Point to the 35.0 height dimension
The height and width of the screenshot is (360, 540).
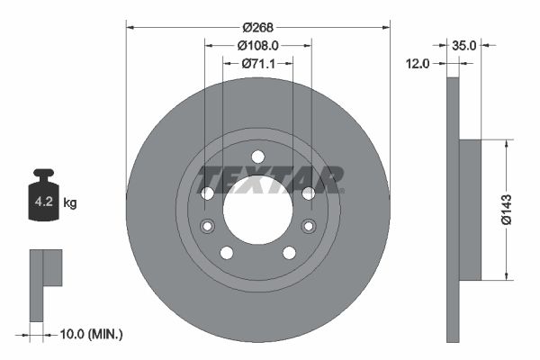coord(464,44)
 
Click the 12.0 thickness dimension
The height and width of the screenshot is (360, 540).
coord(419,63)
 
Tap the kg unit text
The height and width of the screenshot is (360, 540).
coord(70,202)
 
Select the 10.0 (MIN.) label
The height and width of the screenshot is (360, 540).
coord(89,335)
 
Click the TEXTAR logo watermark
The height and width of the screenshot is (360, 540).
coord(271,179)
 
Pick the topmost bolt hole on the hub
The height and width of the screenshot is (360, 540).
coord(257,156)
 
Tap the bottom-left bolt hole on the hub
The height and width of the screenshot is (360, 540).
coord(227,252)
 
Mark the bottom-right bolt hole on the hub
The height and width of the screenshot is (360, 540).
coord(289,252)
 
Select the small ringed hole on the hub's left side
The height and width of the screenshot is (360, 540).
coord(207,225)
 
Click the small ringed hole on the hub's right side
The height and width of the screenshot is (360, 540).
coord(309,225)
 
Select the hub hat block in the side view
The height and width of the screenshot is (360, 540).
coord(470,210)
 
